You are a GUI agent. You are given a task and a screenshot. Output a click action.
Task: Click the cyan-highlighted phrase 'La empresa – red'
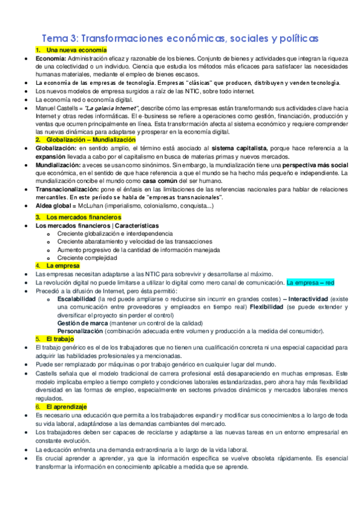point(310,281)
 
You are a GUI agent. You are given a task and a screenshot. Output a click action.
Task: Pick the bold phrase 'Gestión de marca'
point(81,322)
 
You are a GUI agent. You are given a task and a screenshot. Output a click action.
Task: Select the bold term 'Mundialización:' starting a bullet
point(59,164)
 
